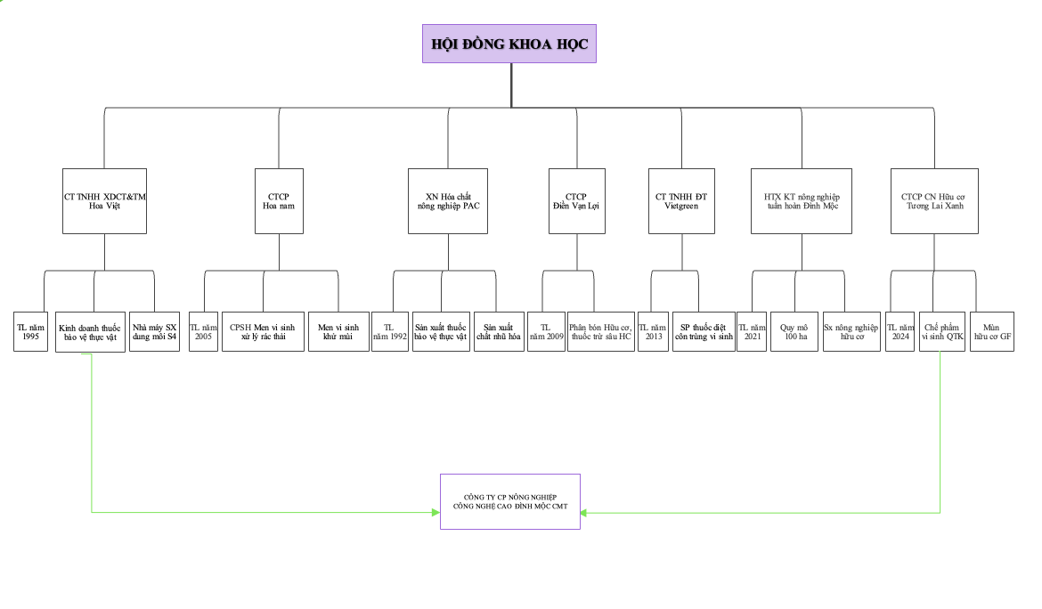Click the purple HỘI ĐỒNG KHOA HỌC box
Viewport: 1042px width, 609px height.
pos(509,44)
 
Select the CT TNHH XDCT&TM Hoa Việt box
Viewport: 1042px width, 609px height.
pos(104,201)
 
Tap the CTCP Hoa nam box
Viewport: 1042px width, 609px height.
pos(279,201)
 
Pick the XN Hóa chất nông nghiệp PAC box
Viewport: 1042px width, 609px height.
pos(448,201)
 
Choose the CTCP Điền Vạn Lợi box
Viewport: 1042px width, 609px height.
pos(576,201)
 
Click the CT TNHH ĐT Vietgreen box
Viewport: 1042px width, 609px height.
pos(682,201)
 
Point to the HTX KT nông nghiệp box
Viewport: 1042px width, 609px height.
pos(802,201)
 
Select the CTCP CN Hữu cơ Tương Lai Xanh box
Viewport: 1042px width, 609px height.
pos(933,201)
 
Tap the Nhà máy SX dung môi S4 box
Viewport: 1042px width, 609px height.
pos(154,330)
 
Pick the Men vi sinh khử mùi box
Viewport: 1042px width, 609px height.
pos(338,330)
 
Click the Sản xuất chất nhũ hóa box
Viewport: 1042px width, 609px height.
pos(499,330)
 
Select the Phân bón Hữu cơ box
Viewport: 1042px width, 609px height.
pos(601,330)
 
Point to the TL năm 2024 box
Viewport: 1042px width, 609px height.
pos(901,330)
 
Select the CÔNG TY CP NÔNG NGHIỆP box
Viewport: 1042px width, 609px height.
pos(509,501)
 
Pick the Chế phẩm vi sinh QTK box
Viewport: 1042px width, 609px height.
pos(943,330)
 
